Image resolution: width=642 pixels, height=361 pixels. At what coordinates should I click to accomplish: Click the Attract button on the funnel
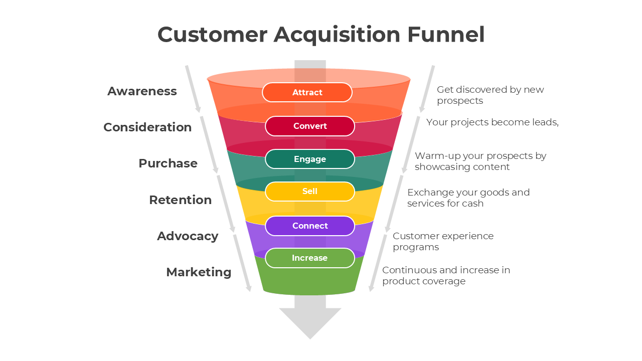(x=307, y=92)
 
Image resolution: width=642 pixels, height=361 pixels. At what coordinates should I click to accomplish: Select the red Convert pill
(x=309, y=126)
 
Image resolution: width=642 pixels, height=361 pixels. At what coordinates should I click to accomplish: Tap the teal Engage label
(x=309, y=159)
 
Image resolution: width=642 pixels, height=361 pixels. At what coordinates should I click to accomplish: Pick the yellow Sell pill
(x=309, y=192)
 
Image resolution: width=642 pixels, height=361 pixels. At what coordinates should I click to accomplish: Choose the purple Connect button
(x=309, y=226)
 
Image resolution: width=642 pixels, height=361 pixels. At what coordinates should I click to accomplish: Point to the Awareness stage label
(x=142, y=91)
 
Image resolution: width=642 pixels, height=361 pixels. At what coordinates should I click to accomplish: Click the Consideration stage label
(x=147, y=127)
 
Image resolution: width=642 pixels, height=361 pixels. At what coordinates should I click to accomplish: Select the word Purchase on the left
(x=168, y=163)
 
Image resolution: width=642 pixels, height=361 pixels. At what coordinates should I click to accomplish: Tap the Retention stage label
(x=180, y=200)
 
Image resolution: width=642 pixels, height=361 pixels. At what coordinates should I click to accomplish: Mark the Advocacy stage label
(x=187, y=236)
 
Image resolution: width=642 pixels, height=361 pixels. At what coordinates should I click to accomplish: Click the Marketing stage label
(x=199, y=272)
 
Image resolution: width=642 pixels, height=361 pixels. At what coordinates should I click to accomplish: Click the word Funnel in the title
(x=446, y=35)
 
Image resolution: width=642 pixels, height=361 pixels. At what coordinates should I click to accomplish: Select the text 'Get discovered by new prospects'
(x=490, y=95)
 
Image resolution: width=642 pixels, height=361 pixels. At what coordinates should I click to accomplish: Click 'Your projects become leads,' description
(x=492, y=122)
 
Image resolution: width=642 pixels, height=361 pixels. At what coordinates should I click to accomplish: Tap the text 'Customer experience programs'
(x=442, y=241)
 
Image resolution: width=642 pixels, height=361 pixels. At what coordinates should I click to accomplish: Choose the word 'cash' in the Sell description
(x=473, y=204)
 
